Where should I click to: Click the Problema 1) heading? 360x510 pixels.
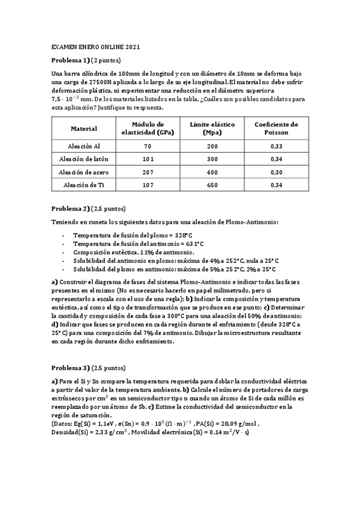tap(70, 60)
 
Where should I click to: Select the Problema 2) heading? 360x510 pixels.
tap(70, 209)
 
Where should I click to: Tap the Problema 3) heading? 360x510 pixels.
tap(70, 367)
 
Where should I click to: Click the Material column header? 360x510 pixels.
tap(84, 128)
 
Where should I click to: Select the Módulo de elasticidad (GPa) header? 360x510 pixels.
tap(148, 127)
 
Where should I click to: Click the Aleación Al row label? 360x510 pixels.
tap(84, 146)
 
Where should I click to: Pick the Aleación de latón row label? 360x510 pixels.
tap(84, 159)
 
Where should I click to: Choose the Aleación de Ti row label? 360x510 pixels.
tap(84, 185)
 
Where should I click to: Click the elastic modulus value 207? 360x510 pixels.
tap(148, 172)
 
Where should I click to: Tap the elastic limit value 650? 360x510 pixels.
tap(212, 185)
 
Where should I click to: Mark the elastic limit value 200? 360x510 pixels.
tap(212, 146)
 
